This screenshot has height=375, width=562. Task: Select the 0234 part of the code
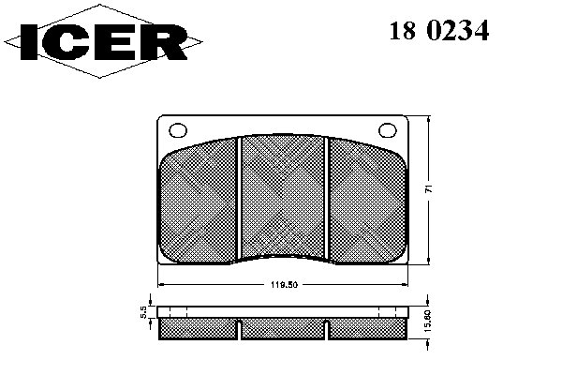tap(458, 31)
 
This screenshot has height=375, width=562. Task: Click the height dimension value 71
tap(428, 188)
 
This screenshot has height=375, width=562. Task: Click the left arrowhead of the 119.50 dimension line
tap(160, 284)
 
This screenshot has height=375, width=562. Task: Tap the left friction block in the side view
tap(200, 328)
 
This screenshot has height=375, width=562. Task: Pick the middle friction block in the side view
tap(284, 328)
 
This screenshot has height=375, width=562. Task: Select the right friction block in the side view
tap(368, 328)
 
